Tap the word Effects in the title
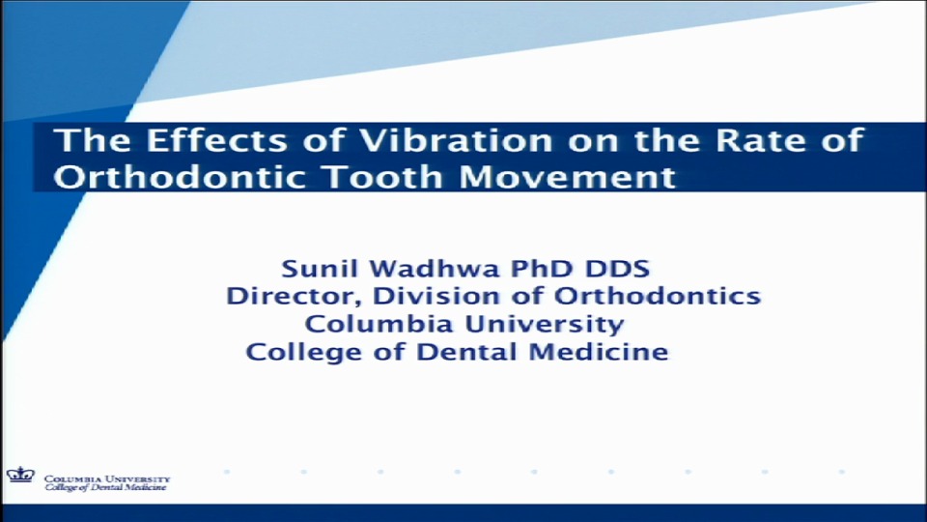(197, 142)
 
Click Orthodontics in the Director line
(657, 295)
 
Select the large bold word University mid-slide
(546, 323)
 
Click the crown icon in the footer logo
(20, 475)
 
